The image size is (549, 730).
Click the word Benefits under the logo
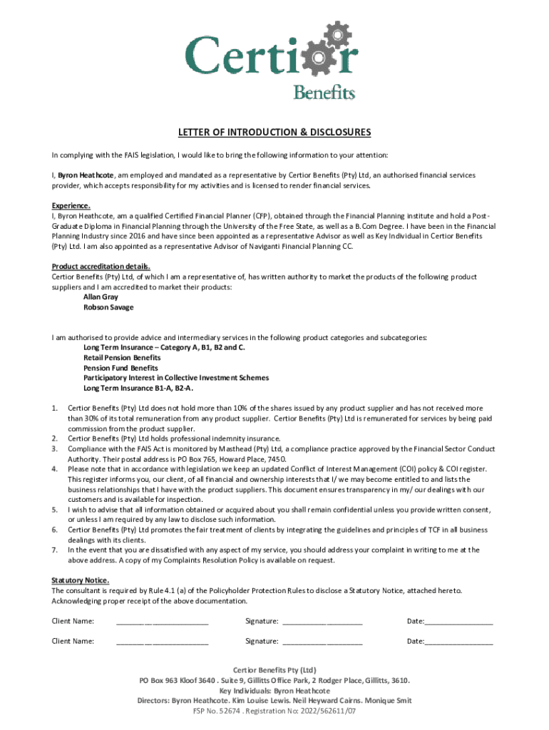[x=324, y=92]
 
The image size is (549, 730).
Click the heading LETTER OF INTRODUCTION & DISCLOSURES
[x=274, y=133]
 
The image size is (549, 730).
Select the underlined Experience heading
[x=71, y=206]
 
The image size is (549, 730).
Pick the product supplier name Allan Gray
[x=101, y=297]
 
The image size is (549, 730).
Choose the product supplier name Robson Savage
[x=108, y=307]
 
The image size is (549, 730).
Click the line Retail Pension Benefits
[x=122, y=357]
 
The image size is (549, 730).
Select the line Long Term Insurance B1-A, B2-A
[x=138, y=388]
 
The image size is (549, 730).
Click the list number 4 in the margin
[x=55, y=469]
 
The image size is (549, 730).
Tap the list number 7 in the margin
[x=55, y=550]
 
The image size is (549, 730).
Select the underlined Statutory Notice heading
[x=80, y=580]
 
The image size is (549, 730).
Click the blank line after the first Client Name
[x=162, y=622]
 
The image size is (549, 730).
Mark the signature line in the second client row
[x=322, y=642]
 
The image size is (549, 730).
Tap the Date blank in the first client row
[x=458, y=622]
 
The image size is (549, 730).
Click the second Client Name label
[x=73, y=641]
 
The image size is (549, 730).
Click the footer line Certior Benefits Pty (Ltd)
[x=274, y=670]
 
